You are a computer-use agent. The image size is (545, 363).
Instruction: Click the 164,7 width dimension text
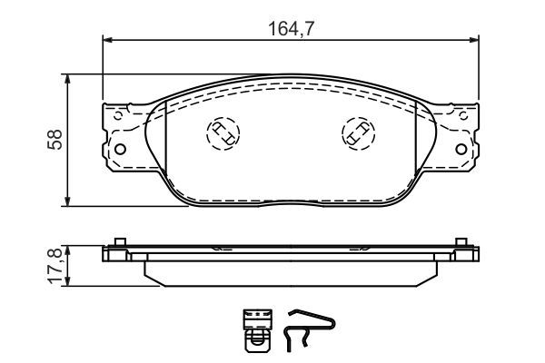tap(291, 27)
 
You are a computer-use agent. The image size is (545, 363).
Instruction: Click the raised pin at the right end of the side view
tap(462, 241)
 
